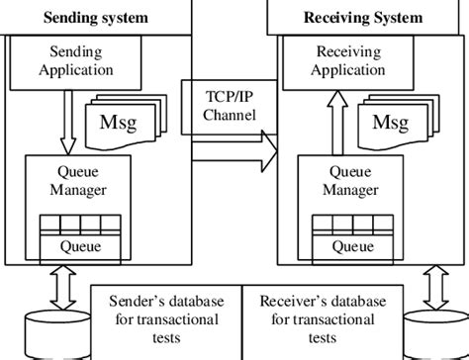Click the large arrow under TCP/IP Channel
(x=234, y=151)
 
